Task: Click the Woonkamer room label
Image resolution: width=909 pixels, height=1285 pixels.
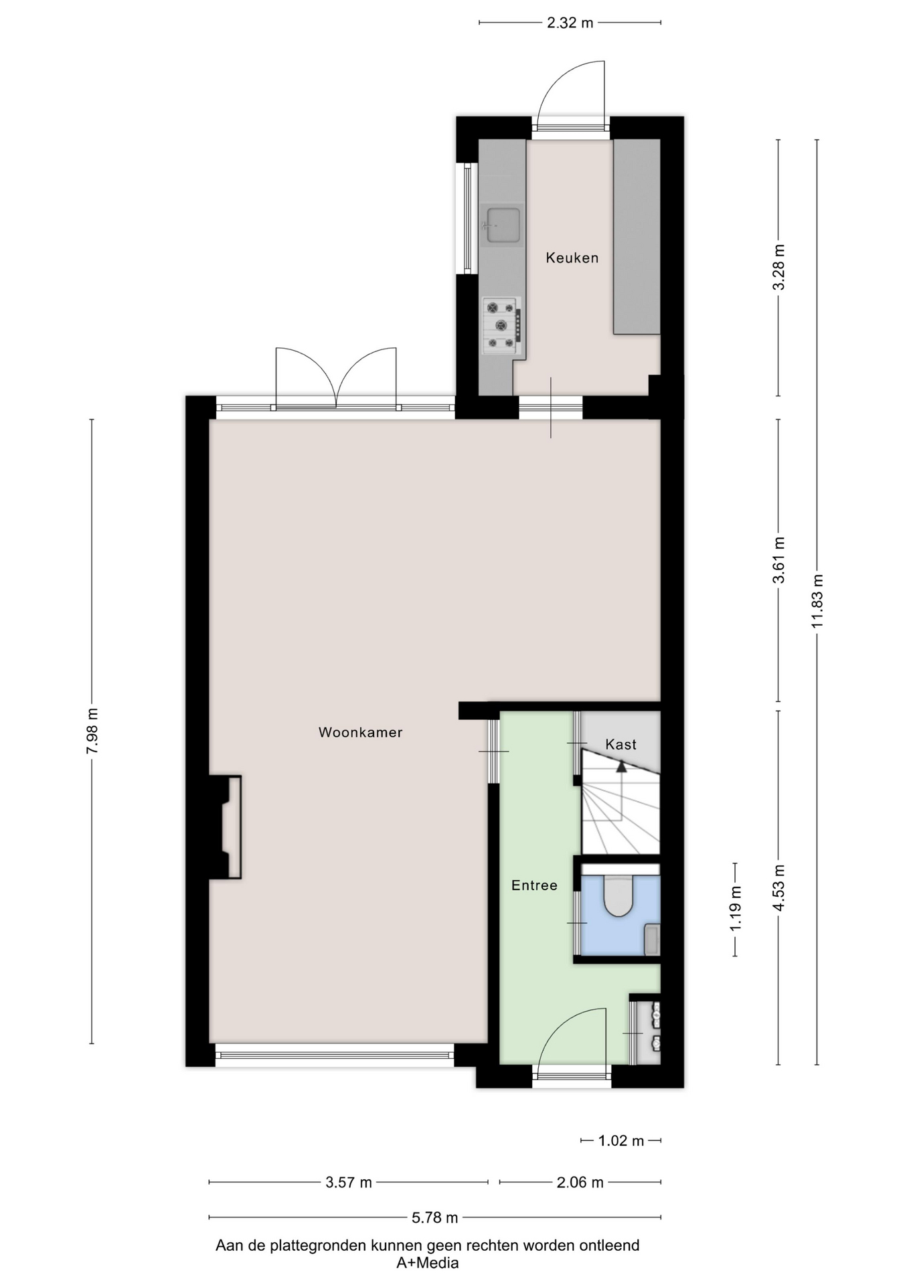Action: [x=360, y=732]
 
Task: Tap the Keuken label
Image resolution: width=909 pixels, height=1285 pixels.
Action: [x=572, y=258]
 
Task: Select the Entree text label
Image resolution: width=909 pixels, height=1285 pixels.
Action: [x=534, y=885]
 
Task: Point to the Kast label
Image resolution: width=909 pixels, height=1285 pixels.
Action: [x=621, y=744]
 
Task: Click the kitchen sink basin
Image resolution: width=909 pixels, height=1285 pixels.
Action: [x=503, y=225]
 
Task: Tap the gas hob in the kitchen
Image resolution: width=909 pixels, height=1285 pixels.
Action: [x=501, y=326]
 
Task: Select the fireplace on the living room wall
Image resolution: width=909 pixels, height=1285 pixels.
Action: [x=225, y=827]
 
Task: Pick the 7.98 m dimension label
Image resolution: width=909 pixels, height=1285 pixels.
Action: [x=92, y=731]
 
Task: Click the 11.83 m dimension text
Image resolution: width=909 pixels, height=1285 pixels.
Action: [x=817, y=601]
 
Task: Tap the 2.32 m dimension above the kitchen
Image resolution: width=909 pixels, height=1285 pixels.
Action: [x=570, y=23]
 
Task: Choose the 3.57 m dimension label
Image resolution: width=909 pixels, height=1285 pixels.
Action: [x=349, y=1183]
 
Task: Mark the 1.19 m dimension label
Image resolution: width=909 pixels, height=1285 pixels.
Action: [x=736, y=908]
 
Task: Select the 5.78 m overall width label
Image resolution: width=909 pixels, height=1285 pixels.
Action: [x=435, y=1217]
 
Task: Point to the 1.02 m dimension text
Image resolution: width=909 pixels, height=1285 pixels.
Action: [x=621, y=1140]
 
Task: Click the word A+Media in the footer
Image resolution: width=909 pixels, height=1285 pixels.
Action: [x=428, y=1263]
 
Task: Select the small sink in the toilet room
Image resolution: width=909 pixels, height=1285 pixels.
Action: [x=652, y=940]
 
